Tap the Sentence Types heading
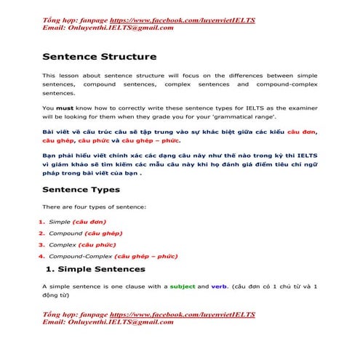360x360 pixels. [81, 190]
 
